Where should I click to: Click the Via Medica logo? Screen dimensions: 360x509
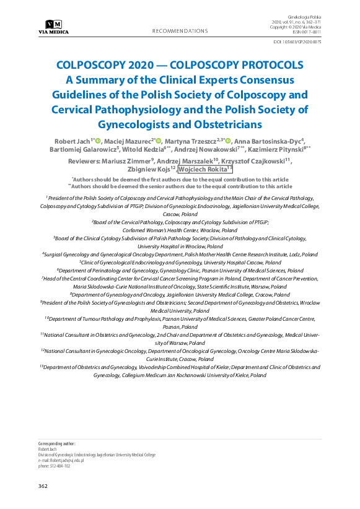53,27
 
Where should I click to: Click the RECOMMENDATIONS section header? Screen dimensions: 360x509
180,30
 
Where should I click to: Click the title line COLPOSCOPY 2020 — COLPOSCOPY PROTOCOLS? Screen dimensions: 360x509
180,65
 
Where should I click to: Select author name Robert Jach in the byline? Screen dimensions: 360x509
71,141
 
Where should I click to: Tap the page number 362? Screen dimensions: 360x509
43,486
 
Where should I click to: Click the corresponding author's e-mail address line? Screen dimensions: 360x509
61,461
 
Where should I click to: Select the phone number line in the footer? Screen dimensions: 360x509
55,466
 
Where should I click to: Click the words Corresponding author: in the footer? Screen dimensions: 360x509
57,444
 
